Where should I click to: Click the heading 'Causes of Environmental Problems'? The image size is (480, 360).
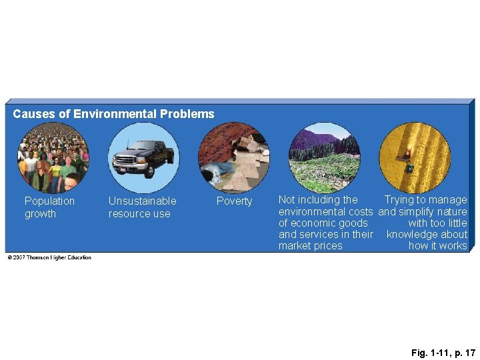pyautogui.click(x=113, y=114)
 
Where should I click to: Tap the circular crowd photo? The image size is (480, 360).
pyautogui.click(x=53, y=158)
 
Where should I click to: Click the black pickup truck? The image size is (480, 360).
pyautogui.click(x=143, y=157)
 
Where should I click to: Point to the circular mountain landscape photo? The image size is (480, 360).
pyautogui.click(x=324, y=158)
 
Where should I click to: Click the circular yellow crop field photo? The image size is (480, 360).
pyautogui.click(x=415, y=158)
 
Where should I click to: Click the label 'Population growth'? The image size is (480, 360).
pyautogui.click(x=49, y=207)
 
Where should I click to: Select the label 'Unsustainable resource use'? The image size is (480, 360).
pyautogui.click(x=142, y=207)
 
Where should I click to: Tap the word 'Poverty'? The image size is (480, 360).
pyautogui.click(x=235, y=201)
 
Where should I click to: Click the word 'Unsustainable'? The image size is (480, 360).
pyautogui.click(x=142, y=201)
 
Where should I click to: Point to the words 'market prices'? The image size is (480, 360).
pyautogui.click(x=310, y=246)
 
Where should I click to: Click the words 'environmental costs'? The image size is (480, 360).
pyautogui.click(x=325, y=211)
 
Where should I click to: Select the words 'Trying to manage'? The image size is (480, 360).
pyautogui.click(x=425, y=200)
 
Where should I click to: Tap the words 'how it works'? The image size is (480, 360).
pyautogui.click(x=437, y=246)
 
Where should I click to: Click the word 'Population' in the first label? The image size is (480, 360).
pyautogui.click(x=49, y=201)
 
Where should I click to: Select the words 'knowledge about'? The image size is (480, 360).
pyautogui.click(x=427, y=235)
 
